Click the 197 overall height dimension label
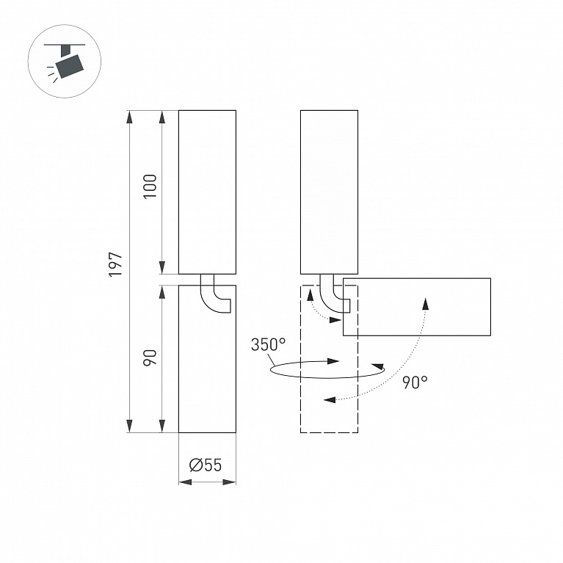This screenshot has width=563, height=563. pos(116,265)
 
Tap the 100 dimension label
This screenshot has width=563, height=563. pos(150,186)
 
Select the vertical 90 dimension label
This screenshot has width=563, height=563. pos(150,357)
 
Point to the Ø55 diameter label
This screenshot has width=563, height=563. pos(206,465)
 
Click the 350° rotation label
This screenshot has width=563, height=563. pos(268,345)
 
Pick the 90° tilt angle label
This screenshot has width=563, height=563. pos(415,382)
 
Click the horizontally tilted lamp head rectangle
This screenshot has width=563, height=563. pos(416,307)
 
